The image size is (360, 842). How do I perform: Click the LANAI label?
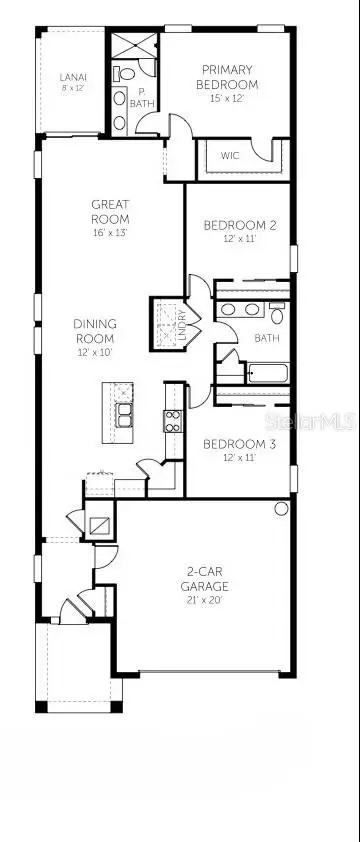[73, 77]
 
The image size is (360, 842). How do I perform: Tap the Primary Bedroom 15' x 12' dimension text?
[227, 98]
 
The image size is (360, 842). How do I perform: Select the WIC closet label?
[230, 156]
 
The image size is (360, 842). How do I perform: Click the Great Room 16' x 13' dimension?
[110, 233]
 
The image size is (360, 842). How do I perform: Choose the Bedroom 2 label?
[240, 225]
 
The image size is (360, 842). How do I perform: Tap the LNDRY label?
[181, 326]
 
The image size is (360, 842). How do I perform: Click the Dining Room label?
[95, 331]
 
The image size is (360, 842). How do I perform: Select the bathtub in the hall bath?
[268, 373]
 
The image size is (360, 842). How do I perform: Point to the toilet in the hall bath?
[277, 313]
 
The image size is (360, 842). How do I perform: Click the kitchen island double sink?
[124, 415]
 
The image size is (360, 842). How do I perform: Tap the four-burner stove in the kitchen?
[173, 420]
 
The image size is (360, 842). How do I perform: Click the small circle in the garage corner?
[281, 509]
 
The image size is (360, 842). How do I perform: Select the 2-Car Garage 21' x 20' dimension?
[204, 599]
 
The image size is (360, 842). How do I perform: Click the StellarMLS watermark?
[310, 422]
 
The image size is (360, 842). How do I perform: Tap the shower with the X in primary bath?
[134, 46]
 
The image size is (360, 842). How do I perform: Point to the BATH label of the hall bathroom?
[267, 338]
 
